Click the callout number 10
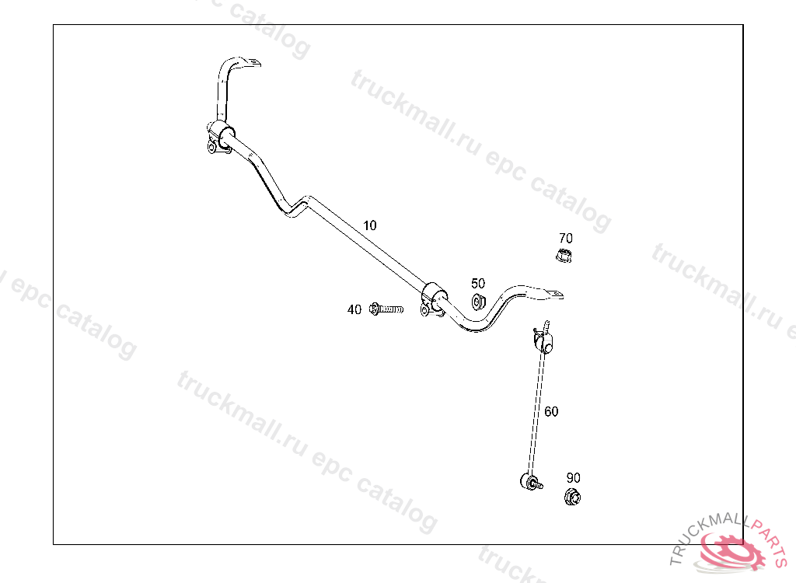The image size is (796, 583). (370, 225)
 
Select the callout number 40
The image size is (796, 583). (354, 309)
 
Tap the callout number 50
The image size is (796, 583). (478, 284)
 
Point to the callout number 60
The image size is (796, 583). (551, 411)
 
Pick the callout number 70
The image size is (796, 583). (566, 238)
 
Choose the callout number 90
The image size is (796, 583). (574, 477)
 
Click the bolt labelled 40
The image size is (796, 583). (387, 309)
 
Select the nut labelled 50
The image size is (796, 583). (479, 302)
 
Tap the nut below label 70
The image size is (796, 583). (565, 255)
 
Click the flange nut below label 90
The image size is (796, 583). (573, 496)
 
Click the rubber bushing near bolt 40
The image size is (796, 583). (435, 296)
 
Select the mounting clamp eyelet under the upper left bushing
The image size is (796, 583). (212, 147)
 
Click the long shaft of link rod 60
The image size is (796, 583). (536, 412)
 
